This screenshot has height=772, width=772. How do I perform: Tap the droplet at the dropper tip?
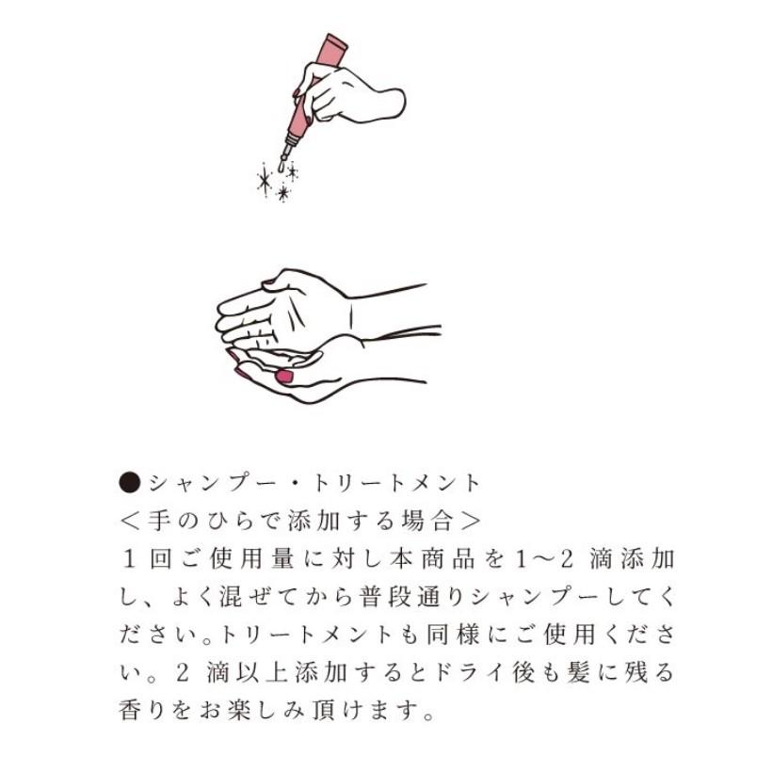click(x=281, y=166)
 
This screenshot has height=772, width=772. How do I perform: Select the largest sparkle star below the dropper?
click(x=265, y=178)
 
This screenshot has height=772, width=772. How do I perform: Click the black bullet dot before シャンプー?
click(x=130, y=483)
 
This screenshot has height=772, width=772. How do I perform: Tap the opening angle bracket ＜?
click(x=130, y=520)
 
